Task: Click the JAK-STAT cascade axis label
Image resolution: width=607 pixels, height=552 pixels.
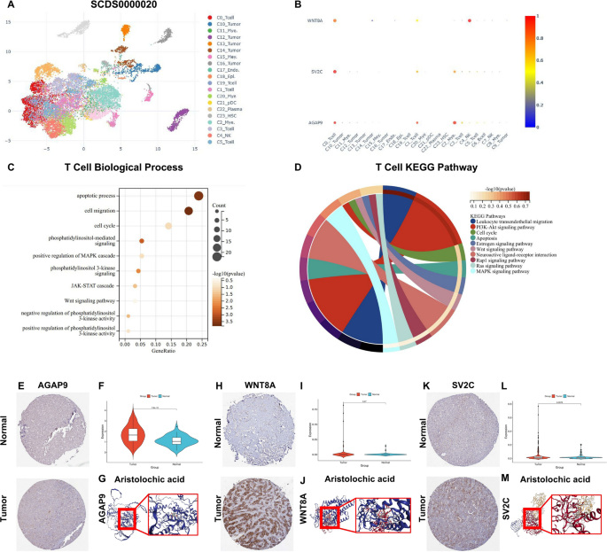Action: click(91, 286)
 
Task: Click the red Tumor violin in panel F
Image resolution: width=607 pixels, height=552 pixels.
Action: click(133, 435)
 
